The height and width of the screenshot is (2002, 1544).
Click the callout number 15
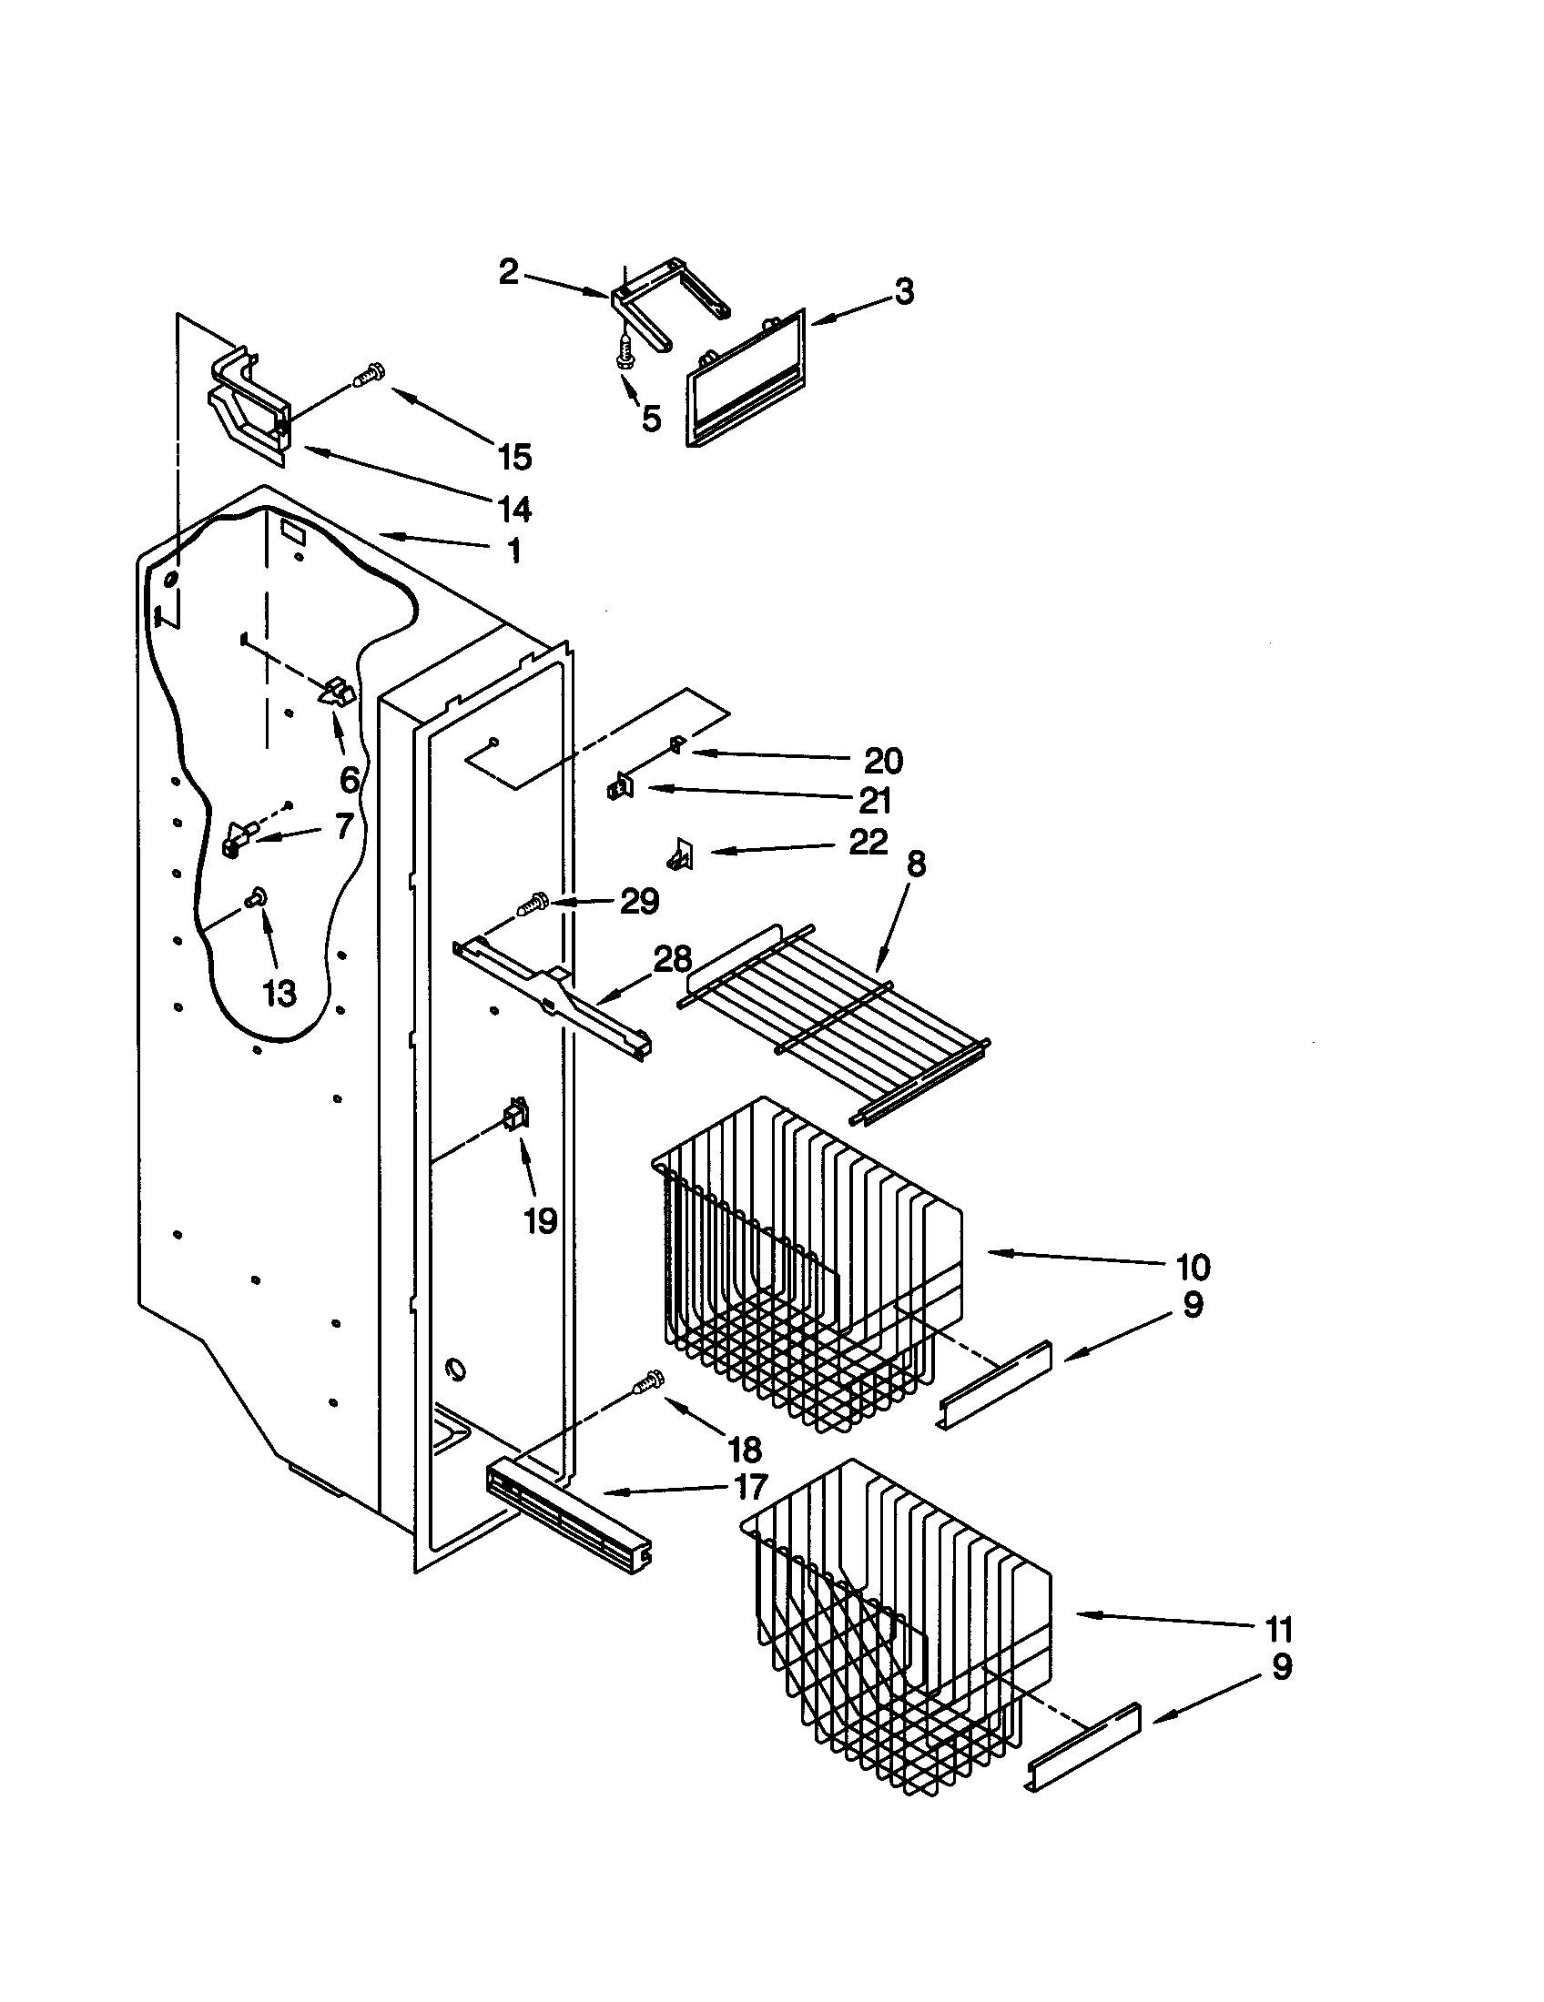point(515,456)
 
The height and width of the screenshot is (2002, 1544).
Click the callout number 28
point(672,960)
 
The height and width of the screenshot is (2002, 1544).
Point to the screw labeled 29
point(533,905)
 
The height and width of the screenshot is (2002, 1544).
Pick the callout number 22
point(868,842)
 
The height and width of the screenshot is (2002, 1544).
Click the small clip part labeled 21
point(620,787)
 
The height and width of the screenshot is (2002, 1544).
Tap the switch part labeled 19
point(517,1116)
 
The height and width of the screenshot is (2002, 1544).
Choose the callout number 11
point(1278,1631)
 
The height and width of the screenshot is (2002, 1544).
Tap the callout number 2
point(509,271)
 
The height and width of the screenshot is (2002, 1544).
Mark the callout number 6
point(350,780)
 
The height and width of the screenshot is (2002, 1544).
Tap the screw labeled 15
point(370,374)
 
